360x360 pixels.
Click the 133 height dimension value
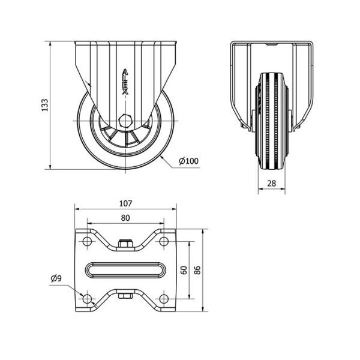coord(45,105)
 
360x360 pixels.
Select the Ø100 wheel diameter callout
coord(188,161)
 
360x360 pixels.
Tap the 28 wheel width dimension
coord(272,183)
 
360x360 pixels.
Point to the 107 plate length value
coord(125,203)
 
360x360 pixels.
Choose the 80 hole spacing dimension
coord(125,218)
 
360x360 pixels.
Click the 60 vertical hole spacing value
coord(184,270)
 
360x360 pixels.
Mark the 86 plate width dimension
coord(197,270)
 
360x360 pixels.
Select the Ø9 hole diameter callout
coord(56,278)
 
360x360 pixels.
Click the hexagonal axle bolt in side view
coord(125,121)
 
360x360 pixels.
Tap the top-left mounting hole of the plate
coord(87,241)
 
